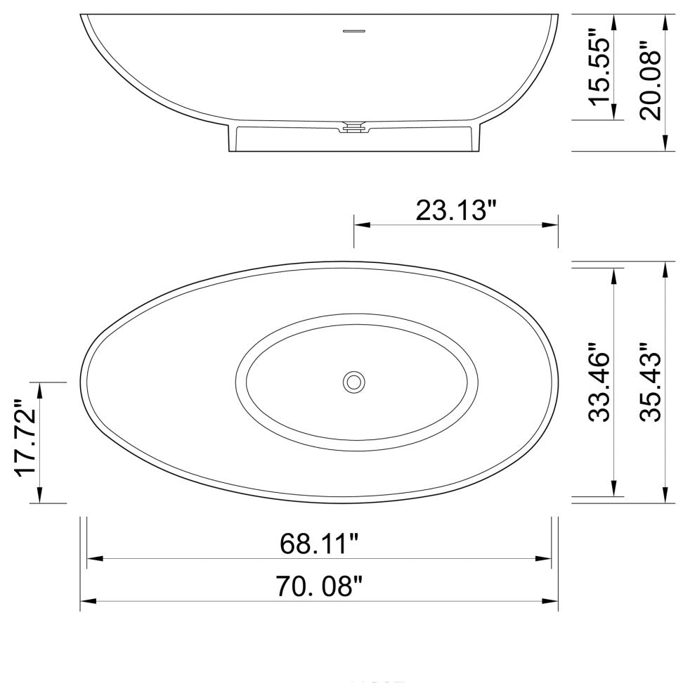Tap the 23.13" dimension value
[456, 210]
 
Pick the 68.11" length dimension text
[319, 544]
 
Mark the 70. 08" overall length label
[319, 585]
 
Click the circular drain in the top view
[354, 382]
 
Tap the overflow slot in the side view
[354, 31]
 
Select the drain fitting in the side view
[353, 128]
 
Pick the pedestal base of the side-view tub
[353, 141]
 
